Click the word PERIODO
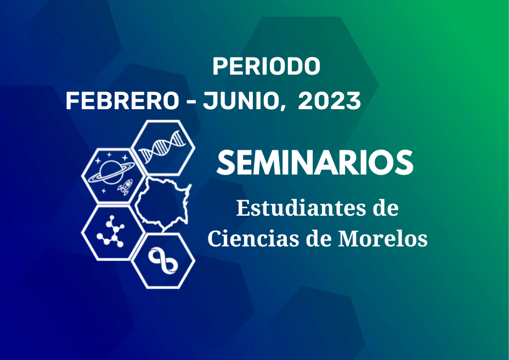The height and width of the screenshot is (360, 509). [266, 66]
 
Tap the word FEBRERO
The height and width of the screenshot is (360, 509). [122, 101]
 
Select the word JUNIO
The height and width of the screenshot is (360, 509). [241, 101]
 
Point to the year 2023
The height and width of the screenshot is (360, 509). [329, 101]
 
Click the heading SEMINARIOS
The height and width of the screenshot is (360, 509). [315, 162]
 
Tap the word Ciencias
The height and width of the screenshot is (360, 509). [254, 239]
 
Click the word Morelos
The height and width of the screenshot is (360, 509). [383, 239]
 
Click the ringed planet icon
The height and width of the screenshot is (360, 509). [111, 172]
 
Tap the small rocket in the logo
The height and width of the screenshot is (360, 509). [126, 187]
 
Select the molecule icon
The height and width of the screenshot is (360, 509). [111, 232]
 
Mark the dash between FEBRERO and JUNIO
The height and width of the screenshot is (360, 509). [191, 102]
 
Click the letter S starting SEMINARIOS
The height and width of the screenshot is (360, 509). [225, 162]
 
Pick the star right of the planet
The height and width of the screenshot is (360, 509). [125, 158]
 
